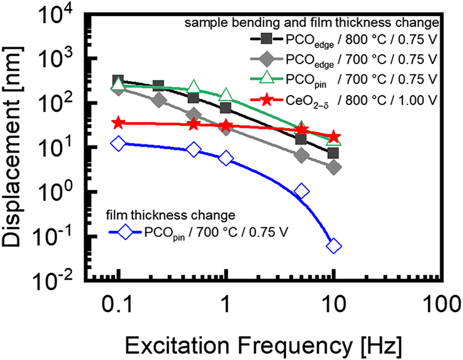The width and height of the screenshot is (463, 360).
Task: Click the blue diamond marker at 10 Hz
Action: [334, 246]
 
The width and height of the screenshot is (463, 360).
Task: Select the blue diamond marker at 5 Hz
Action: [301, 191]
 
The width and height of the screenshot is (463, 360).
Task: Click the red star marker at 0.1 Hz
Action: [118, 123]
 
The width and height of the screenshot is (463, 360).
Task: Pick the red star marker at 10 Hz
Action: [334, 137]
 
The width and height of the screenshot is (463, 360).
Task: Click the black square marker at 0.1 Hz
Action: [118, 81]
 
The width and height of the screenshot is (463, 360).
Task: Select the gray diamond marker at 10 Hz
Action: [335, 167]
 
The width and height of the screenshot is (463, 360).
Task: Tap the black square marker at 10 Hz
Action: [333, 153]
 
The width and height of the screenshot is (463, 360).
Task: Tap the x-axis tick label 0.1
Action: [118, 303]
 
